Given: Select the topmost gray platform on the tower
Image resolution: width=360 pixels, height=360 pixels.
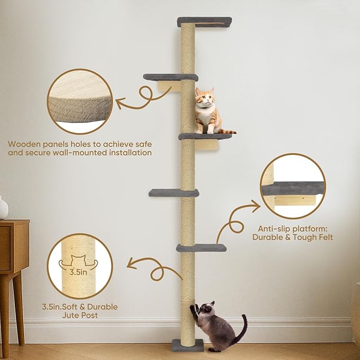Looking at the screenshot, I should click(205, 21).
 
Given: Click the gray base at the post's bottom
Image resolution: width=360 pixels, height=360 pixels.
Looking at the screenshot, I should click(187, 345).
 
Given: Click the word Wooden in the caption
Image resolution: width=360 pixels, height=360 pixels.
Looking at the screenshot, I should click(24, 143).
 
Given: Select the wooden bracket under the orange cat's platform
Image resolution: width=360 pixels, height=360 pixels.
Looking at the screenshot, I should click(207, 145).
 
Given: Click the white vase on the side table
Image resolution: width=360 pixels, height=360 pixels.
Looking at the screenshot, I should click(3, 208).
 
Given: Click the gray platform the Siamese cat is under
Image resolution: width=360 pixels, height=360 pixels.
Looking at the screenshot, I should click(201, 248).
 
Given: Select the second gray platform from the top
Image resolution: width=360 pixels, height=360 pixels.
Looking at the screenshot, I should click(170, 77).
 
